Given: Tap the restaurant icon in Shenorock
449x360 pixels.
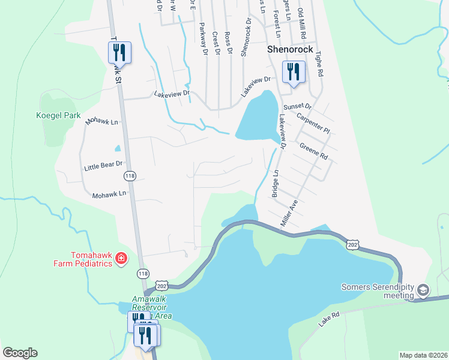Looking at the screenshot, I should pyautogui.click(x=294, y=72).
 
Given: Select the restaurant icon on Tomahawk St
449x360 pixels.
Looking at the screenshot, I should pyautogui.click(x=119, y=52).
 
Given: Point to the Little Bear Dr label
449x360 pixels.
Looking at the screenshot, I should pyautogui.click(x=103, y=164).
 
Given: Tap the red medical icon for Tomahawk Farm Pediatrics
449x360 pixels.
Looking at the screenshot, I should pyautogui.click(x=121, y=258).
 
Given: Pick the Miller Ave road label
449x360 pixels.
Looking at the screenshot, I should pyautogui.click(x=289, y=213).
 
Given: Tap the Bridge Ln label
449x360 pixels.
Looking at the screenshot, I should pyautogui.click(x=276, y=184).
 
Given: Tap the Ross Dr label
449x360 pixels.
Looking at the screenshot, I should pyautogui.click(x=228, y=43).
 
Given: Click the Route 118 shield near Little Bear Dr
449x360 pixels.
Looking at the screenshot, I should pyautogui.click(x=130, y=176).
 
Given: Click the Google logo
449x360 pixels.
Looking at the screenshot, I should pyautogui.click(x=20, y=353).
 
